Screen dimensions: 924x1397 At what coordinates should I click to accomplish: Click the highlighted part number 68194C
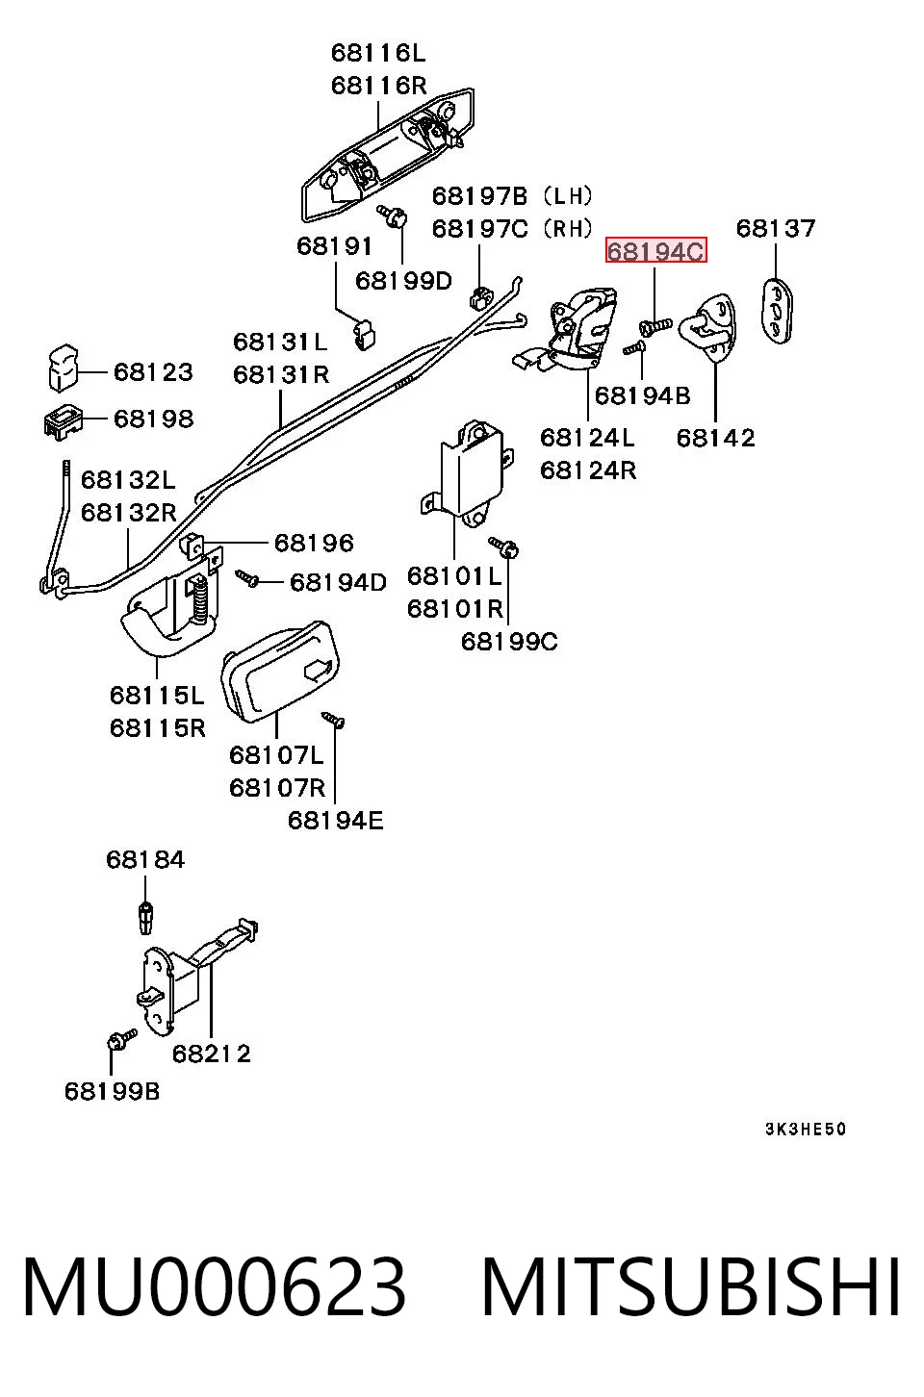click(x=655, y=251)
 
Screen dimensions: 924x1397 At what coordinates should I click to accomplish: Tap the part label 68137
click(x=776, y=228)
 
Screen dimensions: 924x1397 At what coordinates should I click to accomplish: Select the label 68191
click(x=334, y=245)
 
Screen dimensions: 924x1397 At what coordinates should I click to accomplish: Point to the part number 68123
click(x=153, y=372)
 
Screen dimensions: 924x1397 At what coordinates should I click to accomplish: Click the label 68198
click(x=153, y=419)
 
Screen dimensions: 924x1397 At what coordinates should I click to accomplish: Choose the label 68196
click(x=314, y=543)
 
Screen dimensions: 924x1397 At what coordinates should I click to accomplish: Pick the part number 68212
click(x=212, y=1054)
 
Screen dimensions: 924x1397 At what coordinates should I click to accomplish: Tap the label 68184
click(x=145, y=859)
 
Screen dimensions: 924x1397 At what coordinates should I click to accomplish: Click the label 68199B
click(x=113, y=1091)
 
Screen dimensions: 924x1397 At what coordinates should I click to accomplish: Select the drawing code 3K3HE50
click(x=806, y=1129)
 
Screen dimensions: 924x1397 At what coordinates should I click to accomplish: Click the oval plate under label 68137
click(x=778, y=311)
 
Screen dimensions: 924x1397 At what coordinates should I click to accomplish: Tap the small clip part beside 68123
click(x=63, y=368)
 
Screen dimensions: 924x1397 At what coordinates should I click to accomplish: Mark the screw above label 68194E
click(x=333, y=719)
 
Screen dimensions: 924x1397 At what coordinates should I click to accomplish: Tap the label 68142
click(x=715, y=438)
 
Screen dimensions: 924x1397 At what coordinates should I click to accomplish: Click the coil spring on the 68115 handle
click(x=199, y=599)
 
